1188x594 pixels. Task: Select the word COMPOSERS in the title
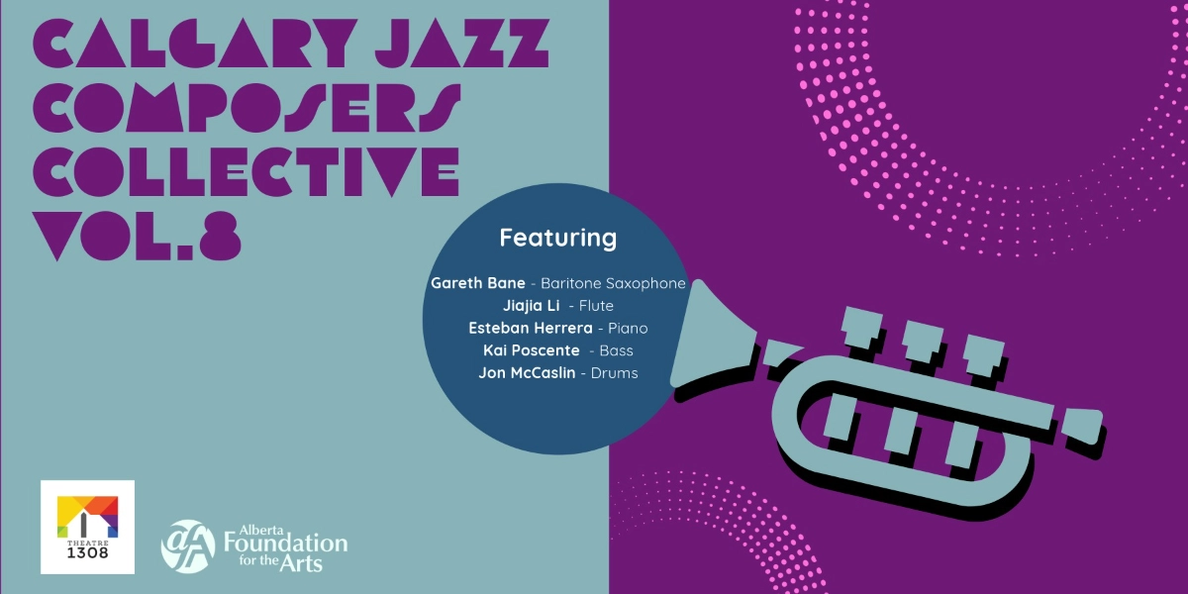(247, 107)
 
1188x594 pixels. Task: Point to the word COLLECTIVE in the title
(247, 171)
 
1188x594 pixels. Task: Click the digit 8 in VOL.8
(218, 236)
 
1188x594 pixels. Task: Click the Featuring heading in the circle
(557, 239)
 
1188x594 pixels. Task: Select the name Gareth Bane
(478, 283)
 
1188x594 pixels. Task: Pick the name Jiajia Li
(532, 306)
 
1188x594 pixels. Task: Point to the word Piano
(629, 329)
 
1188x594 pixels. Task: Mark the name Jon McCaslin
(527, 373)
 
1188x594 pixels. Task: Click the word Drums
(615, 373)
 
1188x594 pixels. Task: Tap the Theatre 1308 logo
(87, 527)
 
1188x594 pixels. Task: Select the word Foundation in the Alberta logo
(286, 544)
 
